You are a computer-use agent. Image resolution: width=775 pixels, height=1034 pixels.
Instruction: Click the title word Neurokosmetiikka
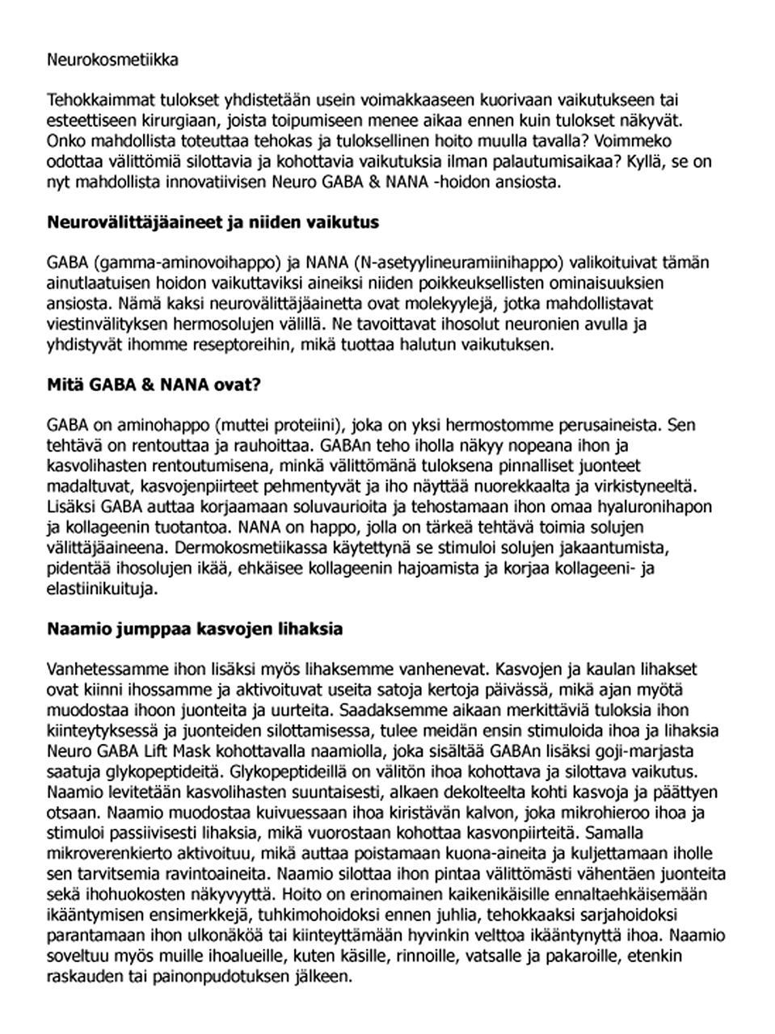pyautogui.click(x=112, y=60)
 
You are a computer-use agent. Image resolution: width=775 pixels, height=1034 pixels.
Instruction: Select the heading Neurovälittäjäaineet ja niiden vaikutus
pyautogui.click(x=213, y=222)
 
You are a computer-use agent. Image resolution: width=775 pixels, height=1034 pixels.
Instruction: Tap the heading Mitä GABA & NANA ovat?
pyautogui.click(x=154, y=385)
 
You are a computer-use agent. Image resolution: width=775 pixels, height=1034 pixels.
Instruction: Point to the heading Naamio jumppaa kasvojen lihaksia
pyautogui.click(x=195, y=628)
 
